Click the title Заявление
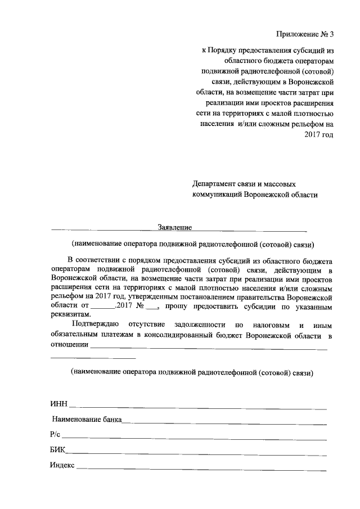pos(175,227)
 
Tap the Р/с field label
pos(55,435)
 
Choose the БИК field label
pos(57,450)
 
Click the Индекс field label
pos(62,465)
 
